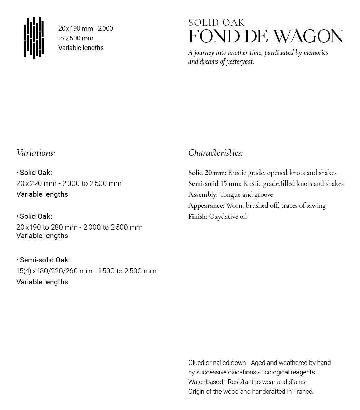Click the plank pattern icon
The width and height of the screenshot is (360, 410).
tap(34, 38)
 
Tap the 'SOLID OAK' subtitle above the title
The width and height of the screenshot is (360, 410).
tap(216, 23)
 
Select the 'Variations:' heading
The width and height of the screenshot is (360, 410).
tap(36, 153)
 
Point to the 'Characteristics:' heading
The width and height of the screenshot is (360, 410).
tap(215, 153)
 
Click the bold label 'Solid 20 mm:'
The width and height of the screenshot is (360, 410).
tap(207, 173)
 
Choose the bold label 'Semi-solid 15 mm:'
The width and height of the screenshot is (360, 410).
tap(215, 184)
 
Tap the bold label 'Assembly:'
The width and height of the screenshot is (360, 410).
tap(203, 195)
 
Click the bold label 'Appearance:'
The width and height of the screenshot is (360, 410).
tap(206, 206)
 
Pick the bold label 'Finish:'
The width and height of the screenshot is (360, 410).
tap(198, 217)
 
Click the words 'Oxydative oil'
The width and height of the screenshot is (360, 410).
tap(228, 217)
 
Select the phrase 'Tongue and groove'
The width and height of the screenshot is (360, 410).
tap(246, 195)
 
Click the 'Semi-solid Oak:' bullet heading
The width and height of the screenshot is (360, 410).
tap(44, 260)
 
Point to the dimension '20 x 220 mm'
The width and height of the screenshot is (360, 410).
tap(36, 183)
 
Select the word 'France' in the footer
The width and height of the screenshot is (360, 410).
tap(303, 392)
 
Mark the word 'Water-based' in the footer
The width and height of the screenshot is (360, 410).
tap(205, 382)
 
